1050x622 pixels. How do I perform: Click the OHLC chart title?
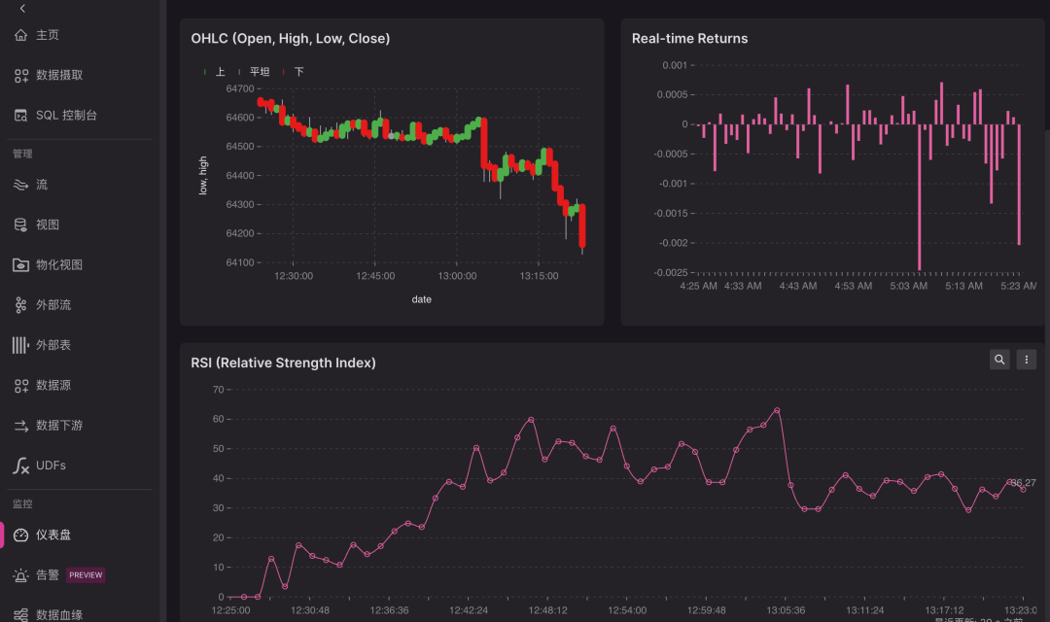tap(290, 39)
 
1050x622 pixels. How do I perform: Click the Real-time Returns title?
tap(689, 39)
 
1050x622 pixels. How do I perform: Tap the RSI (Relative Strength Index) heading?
tap(283, 363)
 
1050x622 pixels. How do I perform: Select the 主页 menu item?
tap(47, 35)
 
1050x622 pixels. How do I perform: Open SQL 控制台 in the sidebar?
tap(66, 115)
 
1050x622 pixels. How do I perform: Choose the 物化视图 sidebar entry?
tap(58, 264)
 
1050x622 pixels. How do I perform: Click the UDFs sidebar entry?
tap(51, 466)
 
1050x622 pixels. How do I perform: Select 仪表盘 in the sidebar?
tap(52, 535)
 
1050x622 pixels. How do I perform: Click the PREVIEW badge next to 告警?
tap(86, 575)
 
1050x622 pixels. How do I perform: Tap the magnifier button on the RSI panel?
tap(999, 360)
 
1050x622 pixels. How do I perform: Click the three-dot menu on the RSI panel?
tap(1026, 360)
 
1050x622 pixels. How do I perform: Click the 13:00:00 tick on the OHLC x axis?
tap(457, 276)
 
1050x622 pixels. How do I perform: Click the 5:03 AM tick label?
tap(909, 286)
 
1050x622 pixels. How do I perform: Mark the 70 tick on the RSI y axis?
tap(219, 390)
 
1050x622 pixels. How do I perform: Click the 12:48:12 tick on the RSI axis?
tap(548, 610)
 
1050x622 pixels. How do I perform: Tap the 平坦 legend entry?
tap(259, 72)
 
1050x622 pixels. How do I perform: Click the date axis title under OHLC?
tap(421, 299)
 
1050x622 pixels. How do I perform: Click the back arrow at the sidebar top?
tap(22, 8)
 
